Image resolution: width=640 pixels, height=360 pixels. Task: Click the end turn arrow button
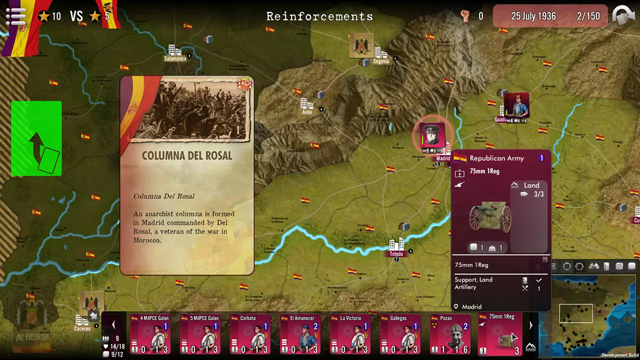(623, 15)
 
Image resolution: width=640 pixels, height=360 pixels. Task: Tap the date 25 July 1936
(533, 16)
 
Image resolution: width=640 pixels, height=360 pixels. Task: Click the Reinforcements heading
(319, 16)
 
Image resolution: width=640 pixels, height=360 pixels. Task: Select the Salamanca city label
(175, 58)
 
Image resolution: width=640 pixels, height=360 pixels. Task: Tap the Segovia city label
(380, 61)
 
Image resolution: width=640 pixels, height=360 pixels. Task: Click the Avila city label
(307, 112)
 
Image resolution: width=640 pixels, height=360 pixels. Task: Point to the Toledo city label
(396, 254)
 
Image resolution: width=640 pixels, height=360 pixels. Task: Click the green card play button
(36, 138)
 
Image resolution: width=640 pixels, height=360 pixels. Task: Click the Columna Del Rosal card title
(187, 155)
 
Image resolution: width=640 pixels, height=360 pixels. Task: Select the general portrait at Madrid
(432, 135)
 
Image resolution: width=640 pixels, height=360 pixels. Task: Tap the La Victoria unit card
(350, 334)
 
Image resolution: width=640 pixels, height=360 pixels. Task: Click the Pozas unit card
(450, 334)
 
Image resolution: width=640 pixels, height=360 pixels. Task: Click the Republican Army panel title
(496, 158)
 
